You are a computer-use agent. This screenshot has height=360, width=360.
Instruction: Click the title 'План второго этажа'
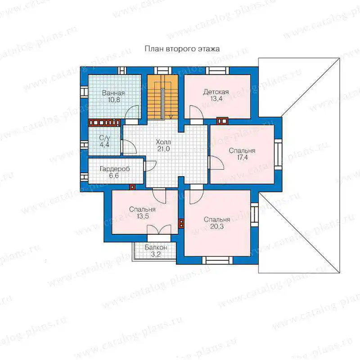click(x=182, y=49)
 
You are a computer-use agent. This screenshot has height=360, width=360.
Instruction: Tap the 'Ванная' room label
click(x=113, y=93)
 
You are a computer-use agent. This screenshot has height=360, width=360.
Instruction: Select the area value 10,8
click(x=114, y=100)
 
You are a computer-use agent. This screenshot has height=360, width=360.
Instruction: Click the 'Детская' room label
click(x=216, y=92)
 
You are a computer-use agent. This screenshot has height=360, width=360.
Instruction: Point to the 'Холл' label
click(x=163, y=142)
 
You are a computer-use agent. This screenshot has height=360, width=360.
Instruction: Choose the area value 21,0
click(x=163, y=149)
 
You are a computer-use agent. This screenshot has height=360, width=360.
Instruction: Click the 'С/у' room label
click(x=104, y=138)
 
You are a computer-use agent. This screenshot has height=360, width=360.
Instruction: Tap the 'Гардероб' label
click(x=115, y=169)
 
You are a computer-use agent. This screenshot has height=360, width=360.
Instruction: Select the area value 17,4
click(x=243, y=158)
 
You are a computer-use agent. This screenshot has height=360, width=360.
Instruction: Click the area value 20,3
click(x=217, y=227)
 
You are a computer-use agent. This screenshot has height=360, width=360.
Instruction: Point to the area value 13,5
click(x=143, y=216)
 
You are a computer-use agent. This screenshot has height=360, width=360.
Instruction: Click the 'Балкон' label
click(x=156, y=248)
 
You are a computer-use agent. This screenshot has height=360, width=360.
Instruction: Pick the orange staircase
click(x=162, y=97)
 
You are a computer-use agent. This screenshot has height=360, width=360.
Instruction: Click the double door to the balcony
click(x=159, y=230)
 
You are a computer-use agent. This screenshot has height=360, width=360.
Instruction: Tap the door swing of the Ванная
click(x=132, y=112)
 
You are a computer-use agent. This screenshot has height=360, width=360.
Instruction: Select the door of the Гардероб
click(x=150, y=166)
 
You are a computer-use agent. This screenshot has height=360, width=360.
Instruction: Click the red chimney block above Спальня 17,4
click(x=222, y=121)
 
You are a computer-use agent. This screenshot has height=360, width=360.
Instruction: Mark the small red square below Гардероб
click(x=132, y=187)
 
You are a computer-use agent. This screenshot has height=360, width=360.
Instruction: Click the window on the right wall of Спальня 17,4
click(x=278, y=155)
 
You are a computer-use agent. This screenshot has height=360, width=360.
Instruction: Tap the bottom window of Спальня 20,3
click(x=217, y=260)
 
